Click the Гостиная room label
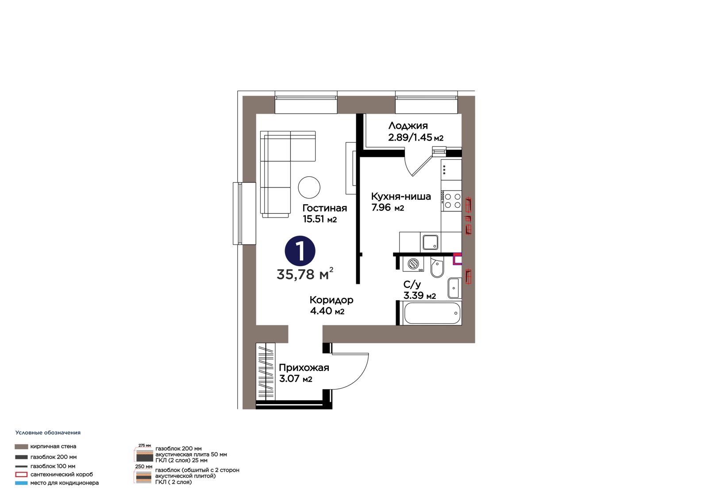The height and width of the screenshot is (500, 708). [x=325, y=208]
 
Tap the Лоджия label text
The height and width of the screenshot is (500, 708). [x=408, y=126]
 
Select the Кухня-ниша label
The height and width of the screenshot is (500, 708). [x=401, y=196]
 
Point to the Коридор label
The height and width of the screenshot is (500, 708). [x=331, y=300]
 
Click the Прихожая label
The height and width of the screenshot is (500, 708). [x=304, y=368]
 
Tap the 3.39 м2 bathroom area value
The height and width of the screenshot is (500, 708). [x=419, y=296]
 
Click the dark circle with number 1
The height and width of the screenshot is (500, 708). [x=300, y=251]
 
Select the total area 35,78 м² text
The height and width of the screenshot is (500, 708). [x=305, y=274]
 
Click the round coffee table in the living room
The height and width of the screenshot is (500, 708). [x=309, y=187]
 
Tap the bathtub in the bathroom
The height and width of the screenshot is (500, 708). [x=432, y=313]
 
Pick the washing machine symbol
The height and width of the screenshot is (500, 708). [x=413, y=264]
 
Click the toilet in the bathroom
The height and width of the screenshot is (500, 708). [x=437, y=267]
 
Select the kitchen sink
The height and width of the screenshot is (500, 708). [x=431, y=242]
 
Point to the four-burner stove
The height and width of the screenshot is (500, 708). [x=452, y=201]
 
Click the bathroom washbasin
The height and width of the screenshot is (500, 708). [x=455, y=288]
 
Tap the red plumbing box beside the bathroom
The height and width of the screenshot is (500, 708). [x=458, y=259]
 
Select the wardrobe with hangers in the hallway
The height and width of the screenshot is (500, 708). [x=265, y=372]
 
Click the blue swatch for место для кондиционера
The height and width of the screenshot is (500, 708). [x=21, y=483]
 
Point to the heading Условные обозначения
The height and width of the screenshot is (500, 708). [x=48, y=433]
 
